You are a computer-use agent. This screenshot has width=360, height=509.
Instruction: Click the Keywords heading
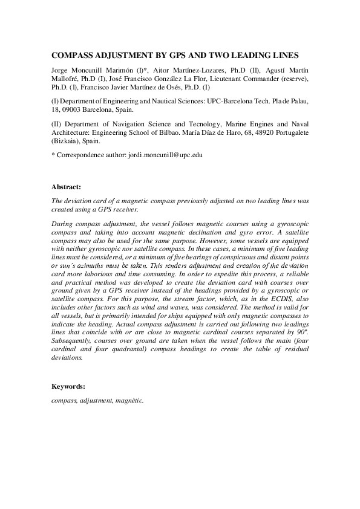[68, 386]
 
